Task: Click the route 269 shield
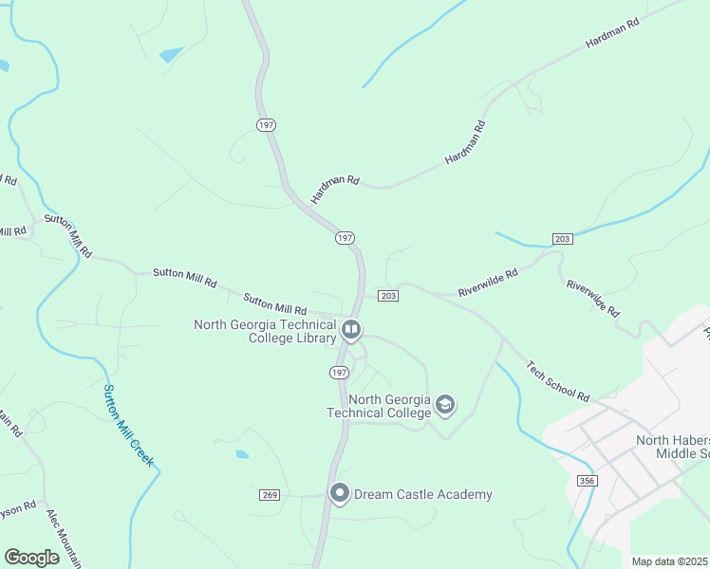click(x=270, y=494)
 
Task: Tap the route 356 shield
click(x=586, y=482)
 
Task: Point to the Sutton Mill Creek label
click(x=127, y=425)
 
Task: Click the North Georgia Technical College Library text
click(x=265, y=331)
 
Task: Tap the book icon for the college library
click(x=351, y=330)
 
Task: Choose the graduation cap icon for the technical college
click(x=444, y=406)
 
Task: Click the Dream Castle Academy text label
click(x=423, y=494)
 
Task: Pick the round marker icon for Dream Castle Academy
click(x=339, y=493)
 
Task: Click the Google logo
click(x=32, y=557)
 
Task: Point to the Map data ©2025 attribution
click(x=669, y=561)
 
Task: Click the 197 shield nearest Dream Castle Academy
click(x=339, y=373)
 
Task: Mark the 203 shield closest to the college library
click(x=387, y=296)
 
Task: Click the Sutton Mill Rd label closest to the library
click(x=274, y=304)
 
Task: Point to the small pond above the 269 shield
click(x=242, y=454)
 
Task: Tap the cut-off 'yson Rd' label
click(x=18, y=507)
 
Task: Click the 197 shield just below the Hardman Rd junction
click(x=345, y=237)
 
